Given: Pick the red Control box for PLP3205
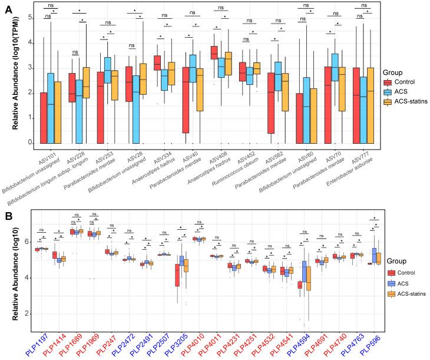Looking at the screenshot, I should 177,275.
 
